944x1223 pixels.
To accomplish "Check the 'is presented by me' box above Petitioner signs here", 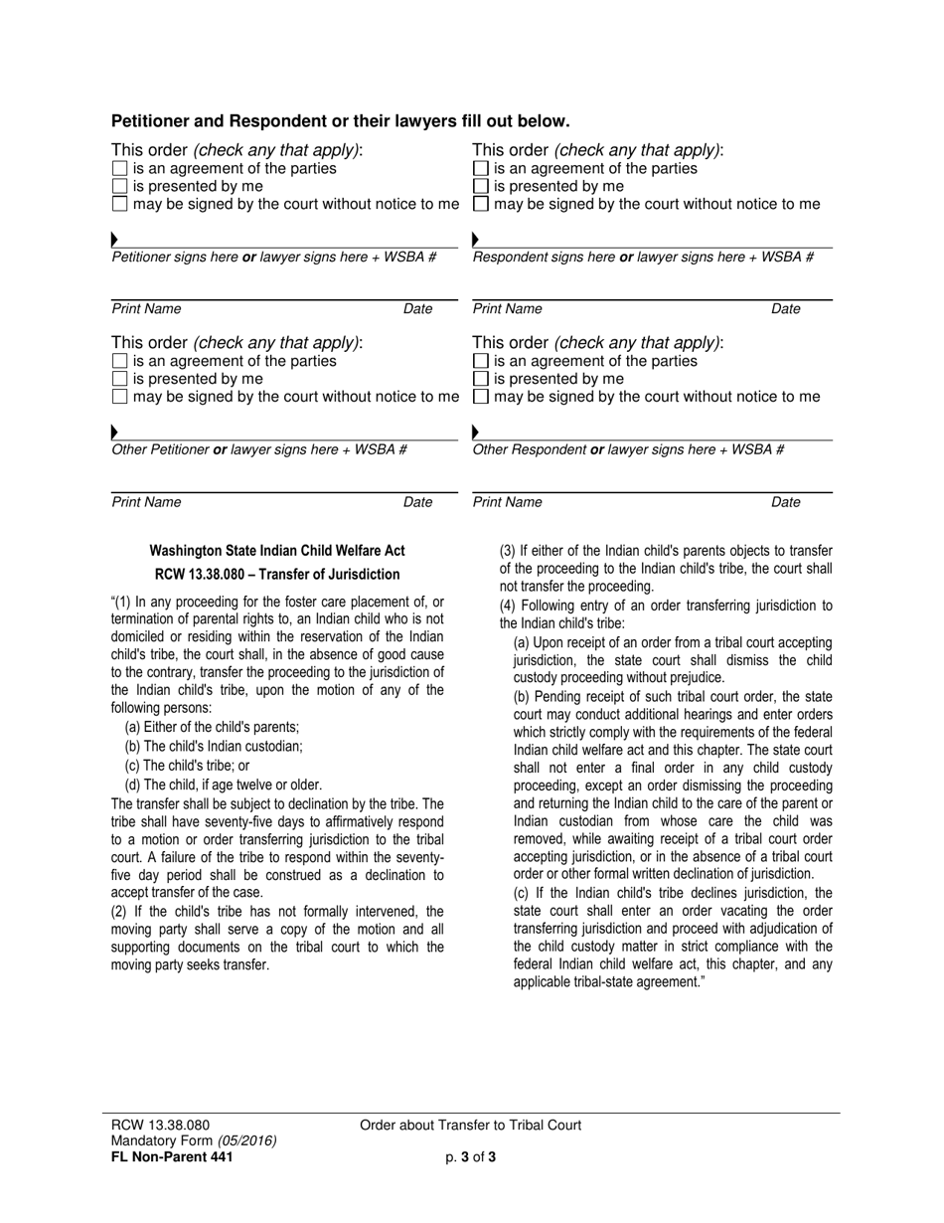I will tap(120, 186).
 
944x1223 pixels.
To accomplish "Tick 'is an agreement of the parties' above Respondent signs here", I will tap(481, 168).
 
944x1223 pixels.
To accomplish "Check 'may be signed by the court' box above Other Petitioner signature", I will tap(120, 397).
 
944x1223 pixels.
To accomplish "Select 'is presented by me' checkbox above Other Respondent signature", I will tap(481, 379).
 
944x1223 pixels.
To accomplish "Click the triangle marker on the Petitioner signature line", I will tap(115, 240).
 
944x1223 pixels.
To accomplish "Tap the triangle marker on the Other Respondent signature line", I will tap(476, 432).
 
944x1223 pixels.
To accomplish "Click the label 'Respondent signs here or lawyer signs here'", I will tap(643, 258).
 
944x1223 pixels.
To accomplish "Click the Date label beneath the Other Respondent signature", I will tap(785, 502).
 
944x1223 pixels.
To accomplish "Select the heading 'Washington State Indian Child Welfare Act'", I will tap(277, 551).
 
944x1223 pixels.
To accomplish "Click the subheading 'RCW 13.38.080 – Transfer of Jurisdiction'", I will tap(277, 575).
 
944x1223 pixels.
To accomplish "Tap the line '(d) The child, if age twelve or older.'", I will tap(224, 785).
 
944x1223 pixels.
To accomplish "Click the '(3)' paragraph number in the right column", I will tap(508, 551).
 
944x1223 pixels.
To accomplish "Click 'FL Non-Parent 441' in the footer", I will tap(172, 1156).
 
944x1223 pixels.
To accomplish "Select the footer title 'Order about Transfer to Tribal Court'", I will tap(471, 1126).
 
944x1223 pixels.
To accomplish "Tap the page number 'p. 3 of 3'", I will tap(471, 1156).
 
